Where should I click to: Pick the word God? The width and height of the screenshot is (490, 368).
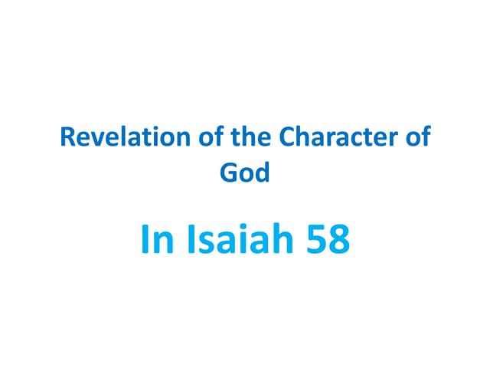click(245, 172)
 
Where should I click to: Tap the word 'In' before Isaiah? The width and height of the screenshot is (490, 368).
click(155, 240)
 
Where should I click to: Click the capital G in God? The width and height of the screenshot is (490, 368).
click(228, 172)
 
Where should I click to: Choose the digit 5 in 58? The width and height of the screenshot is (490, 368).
click(315, 240)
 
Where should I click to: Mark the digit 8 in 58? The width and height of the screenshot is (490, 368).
click(338, 240)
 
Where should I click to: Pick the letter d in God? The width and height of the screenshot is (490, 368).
click(263, 172)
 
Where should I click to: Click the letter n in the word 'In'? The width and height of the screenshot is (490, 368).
click(162, 242)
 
